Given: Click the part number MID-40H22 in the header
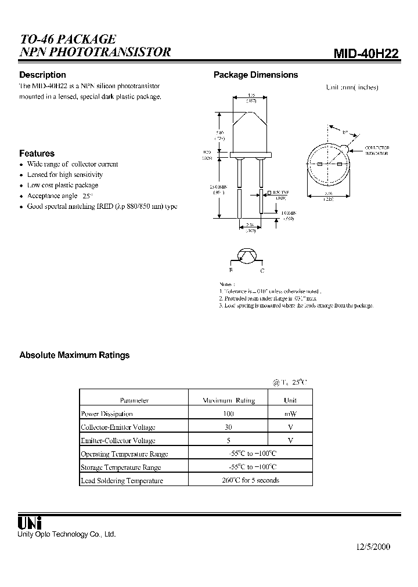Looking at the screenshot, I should coord(366,54).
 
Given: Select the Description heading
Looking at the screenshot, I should coord(42,75).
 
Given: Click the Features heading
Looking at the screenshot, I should coord(37,154).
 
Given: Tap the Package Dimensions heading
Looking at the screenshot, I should coord(255,75).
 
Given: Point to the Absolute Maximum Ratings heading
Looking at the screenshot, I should coord(74,355).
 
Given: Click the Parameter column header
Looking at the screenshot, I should coord(134,400).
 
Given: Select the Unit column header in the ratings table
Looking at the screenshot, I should coord(290,400).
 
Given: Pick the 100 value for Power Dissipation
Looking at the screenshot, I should coord(228,414).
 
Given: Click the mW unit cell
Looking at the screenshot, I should coord(290,414).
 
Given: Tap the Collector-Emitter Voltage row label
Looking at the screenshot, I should coord(118,427).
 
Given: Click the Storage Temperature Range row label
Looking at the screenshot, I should coord(121,467).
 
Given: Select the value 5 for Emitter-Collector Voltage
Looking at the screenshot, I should coord(228,440).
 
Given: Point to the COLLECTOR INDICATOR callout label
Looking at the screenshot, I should coord(377,150).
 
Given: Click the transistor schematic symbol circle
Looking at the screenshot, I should coord(247,255).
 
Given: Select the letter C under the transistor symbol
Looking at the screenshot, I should coord(262,271).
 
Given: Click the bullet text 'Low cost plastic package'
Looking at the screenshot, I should coord(63,185).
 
